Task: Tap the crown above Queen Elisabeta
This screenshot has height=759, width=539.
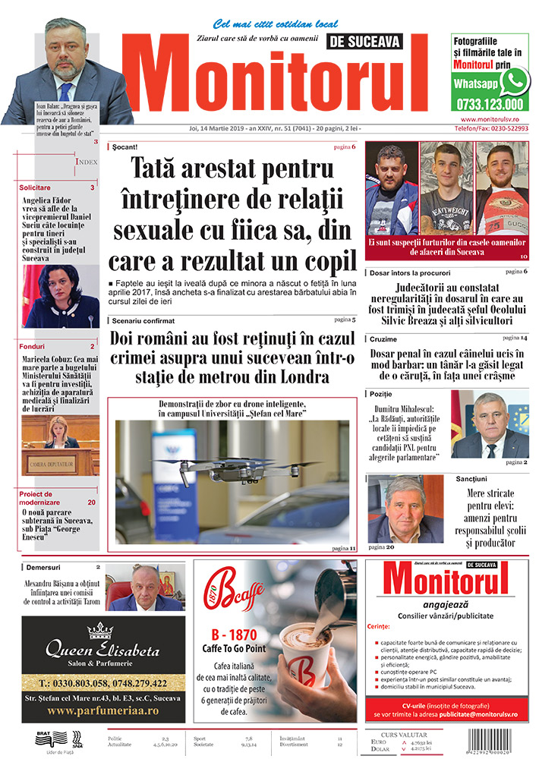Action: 100,630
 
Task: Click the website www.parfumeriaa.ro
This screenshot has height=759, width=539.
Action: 102,711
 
